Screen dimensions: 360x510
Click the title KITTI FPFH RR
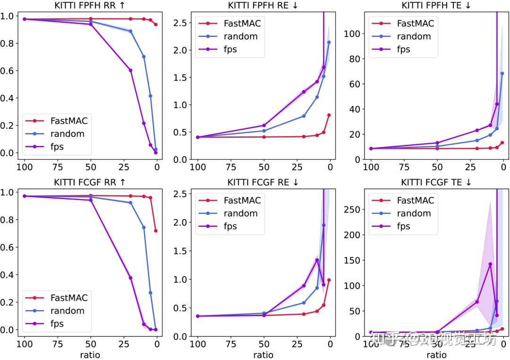pyautogui.click(x=90, y=5)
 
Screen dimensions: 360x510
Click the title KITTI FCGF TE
pyautogui.click(x=436, y=182)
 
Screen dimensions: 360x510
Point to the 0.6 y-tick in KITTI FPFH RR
pyautogui.click(x=8, y=71)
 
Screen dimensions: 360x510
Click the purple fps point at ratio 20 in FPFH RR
pyautogui.click(x=130, y=70)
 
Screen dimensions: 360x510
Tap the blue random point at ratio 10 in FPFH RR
pyautogui.click(x=144, y=57)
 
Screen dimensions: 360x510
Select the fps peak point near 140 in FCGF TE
pyautogui.click(x=490, y=264)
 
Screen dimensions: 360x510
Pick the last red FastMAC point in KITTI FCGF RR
pyautogui.click(x=155, y=231)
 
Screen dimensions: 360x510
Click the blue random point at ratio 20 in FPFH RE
pyautogui.click(x=304, y=116)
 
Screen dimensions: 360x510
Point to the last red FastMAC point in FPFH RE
pyautogui.click(x=329, y=115)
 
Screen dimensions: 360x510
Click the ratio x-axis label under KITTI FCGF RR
pyautogui.click(x=90, y=355)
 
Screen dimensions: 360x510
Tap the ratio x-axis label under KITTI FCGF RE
pyautogui.click(x=263, y=355)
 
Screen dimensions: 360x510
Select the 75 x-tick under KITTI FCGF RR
pyautogui.click(x=57, y=343)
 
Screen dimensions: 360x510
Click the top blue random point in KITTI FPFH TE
pyautogui.click(x=502, y=74)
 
